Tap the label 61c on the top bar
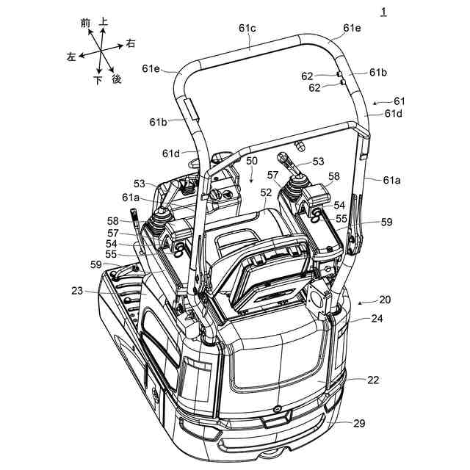(247, 28)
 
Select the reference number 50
(252, 160)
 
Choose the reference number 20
(385, 300)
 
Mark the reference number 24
(377, 319)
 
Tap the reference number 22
(374, 380)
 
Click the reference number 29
(359, 424)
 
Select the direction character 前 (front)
(86, 24)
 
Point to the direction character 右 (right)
(131, 44)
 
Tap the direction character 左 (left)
(70, 57)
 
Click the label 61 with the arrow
(399, 101)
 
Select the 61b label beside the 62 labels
(378, 72)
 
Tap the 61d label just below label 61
(393, 114)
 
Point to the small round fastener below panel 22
(275, 408)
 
